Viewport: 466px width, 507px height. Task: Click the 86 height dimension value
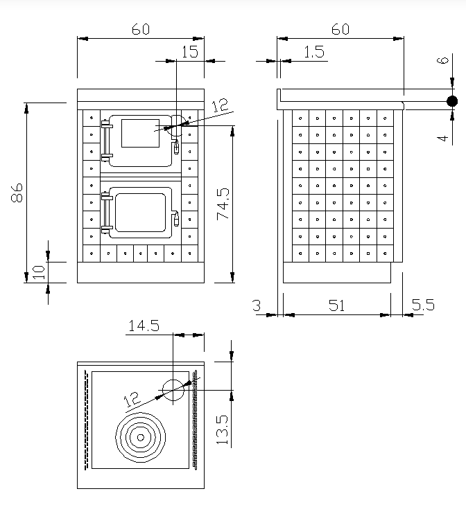coord(18,192)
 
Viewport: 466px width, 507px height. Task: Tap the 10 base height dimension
coord(38,271)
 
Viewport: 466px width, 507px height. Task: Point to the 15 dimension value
coord(189,51)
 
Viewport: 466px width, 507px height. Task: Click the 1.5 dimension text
coord(313,52)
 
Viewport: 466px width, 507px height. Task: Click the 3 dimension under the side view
coord(256,305)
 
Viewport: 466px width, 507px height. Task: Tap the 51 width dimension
coord(336,305)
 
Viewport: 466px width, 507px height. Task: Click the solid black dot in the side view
coord(452,101)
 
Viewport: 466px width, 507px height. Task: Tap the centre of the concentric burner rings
coord(141,437)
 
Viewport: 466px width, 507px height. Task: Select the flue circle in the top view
coord(173,390)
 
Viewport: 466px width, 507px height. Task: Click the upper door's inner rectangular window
coord(139,132)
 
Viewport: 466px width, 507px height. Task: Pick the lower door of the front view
coord(141,211)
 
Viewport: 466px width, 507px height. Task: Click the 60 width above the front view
coord(140,30)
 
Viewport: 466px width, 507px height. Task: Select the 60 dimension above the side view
coord(340,30)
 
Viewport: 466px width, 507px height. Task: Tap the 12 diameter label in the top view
coord(132,399)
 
